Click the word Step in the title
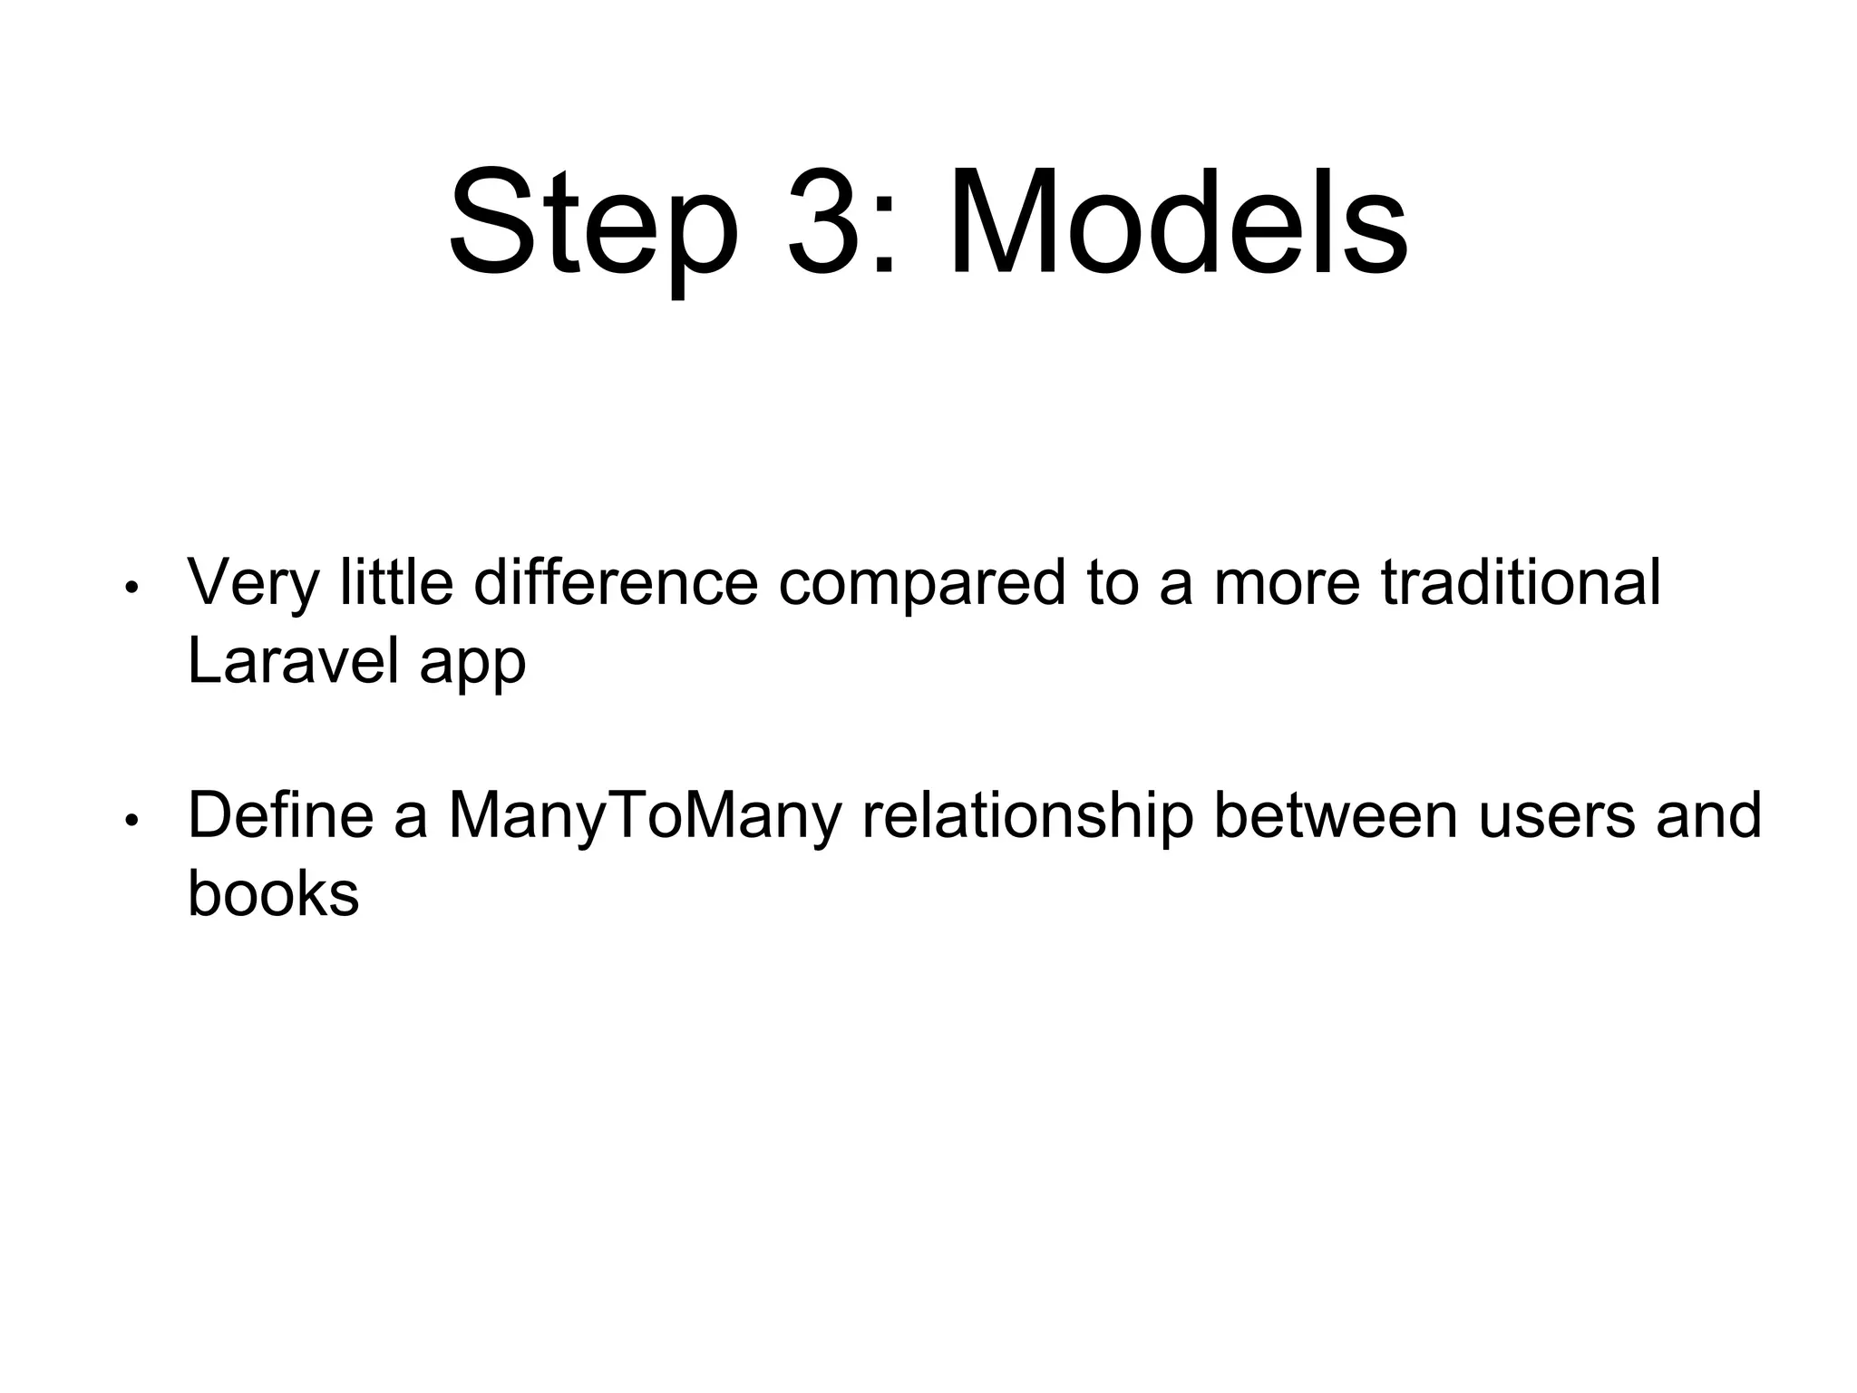click(594, 222)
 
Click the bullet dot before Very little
click(131, 588)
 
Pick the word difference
click(616, 582)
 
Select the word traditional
click(1521, 582)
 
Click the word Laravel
click(293, 661)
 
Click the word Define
click(280, 815)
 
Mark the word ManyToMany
click(645, 815)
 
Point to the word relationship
click(1027, 815)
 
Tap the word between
click(1336, 815)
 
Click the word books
click(273, 893)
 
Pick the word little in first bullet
click(395, 582)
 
